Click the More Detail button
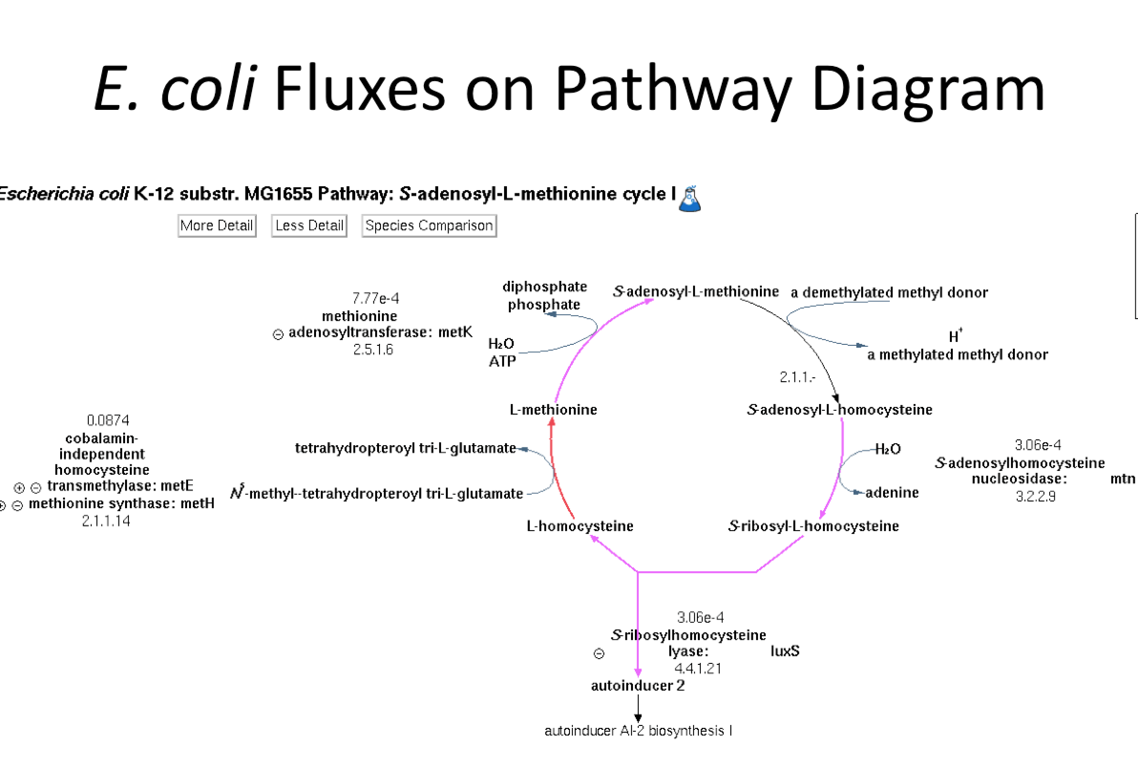click(216, 226)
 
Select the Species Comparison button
click(429, 226)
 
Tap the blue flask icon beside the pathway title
click(690, 199)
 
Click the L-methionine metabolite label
click(553, 409)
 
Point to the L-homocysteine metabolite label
click(580, 526)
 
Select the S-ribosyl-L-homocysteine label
click(813, 526)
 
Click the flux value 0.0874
click(108, 420)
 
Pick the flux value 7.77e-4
click(375, 299)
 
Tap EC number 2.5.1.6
click(373, 350)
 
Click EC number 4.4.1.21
click(697, 669)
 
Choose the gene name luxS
click(785, 651)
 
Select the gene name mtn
click(1122, 479)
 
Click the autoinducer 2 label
click(638, 686)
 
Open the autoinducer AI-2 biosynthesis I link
click(638, 731)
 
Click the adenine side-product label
click(892, 492)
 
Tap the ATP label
click(502, 362)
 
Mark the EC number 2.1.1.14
click(105, 521)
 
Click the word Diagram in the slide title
click(927, 89)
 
